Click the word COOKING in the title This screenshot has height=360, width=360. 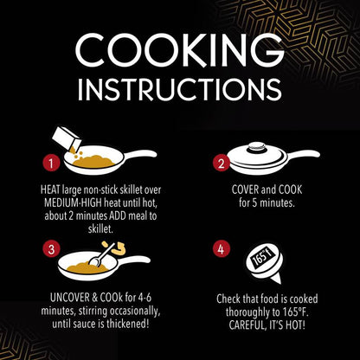click(x=180, y=51)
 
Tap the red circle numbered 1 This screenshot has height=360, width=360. click(x=51, y=164)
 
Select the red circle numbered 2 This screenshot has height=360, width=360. click(x=221, y=164)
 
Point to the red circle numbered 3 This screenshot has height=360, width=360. click(x=51, y=249)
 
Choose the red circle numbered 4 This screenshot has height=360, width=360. click(x=221, y=249)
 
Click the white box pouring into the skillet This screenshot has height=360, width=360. click(x=65, y=138)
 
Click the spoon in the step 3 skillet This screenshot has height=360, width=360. click(x=102, y=254)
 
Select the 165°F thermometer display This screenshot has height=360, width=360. click(x=262, y=258)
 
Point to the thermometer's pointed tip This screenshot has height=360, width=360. click(x=279, y=283)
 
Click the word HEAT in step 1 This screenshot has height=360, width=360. click(x=50, y=190)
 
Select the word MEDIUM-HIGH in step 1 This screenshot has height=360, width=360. click(x=73, y=203)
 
